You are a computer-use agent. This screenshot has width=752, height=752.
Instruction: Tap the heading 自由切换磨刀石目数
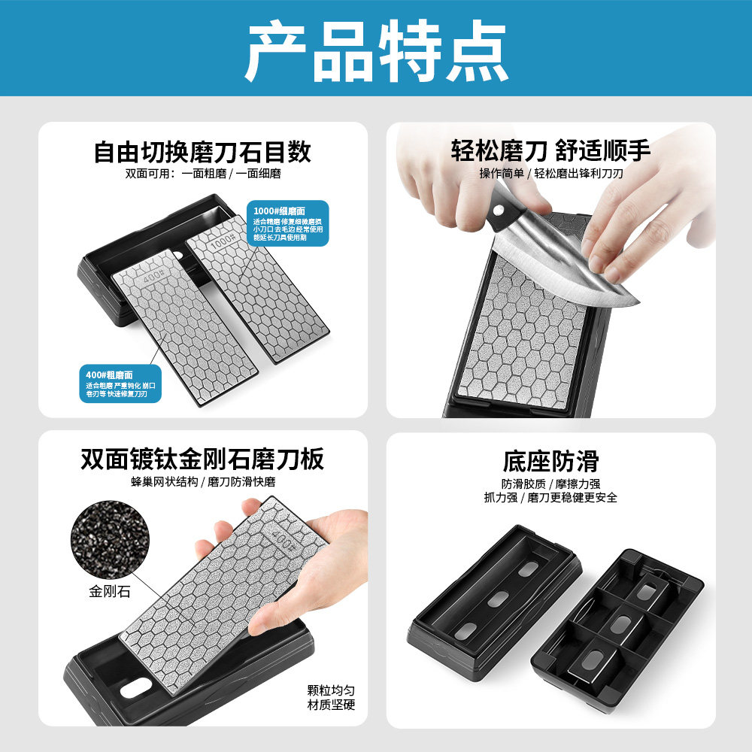[202, 153]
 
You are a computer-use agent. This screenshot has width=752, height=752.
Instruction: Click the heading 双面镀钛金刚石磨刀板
[202, 459]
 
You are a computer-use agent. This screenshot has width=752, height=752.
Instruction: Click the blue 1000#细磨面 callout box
[289, 222]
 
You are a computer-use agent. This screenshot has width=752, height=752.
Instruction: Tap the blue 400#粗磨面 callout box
[120, 383]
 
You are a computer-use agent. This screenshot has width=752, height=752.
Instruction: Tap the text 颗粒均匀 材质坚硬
[331, 697]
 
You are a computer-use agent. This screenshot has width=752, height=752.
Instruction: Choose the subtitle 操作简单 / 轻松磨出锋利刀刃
[550, 174]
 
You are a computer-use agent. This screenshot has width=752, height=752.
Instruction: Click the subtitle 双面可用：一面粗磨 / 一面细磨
[202, 174]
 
